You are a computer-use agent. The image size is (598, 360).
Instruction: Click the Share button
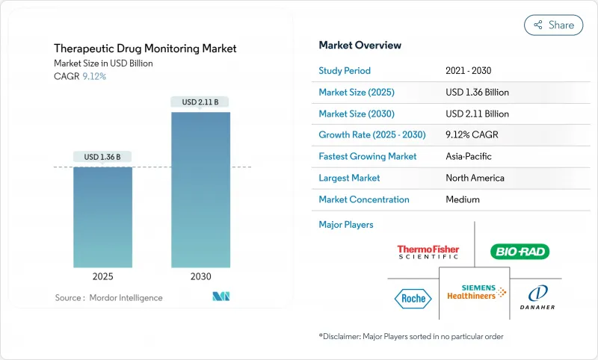[x=553, y=25]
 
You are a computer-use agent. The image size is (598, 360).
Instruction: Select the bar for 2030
[x=200, y=190]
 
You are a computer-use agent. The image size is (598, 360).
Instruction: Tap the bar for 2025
[x=103, y=217]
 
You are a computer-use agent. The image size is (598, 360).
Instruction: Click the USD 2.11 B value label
[x=200, y=102]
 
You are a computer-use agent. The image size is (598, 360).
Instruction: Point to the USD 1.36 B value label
[x=103, y=157]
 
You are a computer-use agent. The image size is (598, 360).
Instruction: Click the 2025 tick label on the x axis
[x=103, y=276]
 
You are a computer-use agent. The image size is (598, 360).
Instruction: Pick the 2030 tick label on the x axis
[x=200, y=276]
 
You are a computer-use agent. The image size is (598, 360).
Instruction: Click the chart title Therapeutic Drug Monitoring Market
[x=145, y=49]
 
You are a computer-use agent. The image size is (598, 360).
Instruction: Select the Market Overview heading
[x=360, y=46]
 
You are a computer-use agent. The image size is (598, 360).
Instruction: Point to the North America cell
[x=475, y=179]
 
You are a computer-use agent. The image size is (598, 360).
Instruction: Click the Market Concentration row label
[x=364, y=199]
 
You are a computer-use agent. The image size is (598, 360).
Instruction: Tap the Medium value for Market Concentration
[x=462, y=199]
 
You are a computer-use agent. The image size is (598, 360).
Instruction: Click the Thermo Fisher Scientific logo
[x=428, y=252]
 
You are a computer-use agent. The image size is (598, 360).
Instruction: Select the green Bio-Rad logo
[x=520, y=252]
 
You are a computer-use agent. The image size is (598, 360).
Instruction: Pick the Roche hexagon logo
[x=413, y=298]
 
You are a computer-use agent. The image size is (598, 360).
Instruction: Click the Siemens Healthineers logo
[x=476, y=293]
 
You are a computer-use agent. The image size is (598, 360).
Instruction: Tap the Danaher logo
[x=537, y=297]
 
